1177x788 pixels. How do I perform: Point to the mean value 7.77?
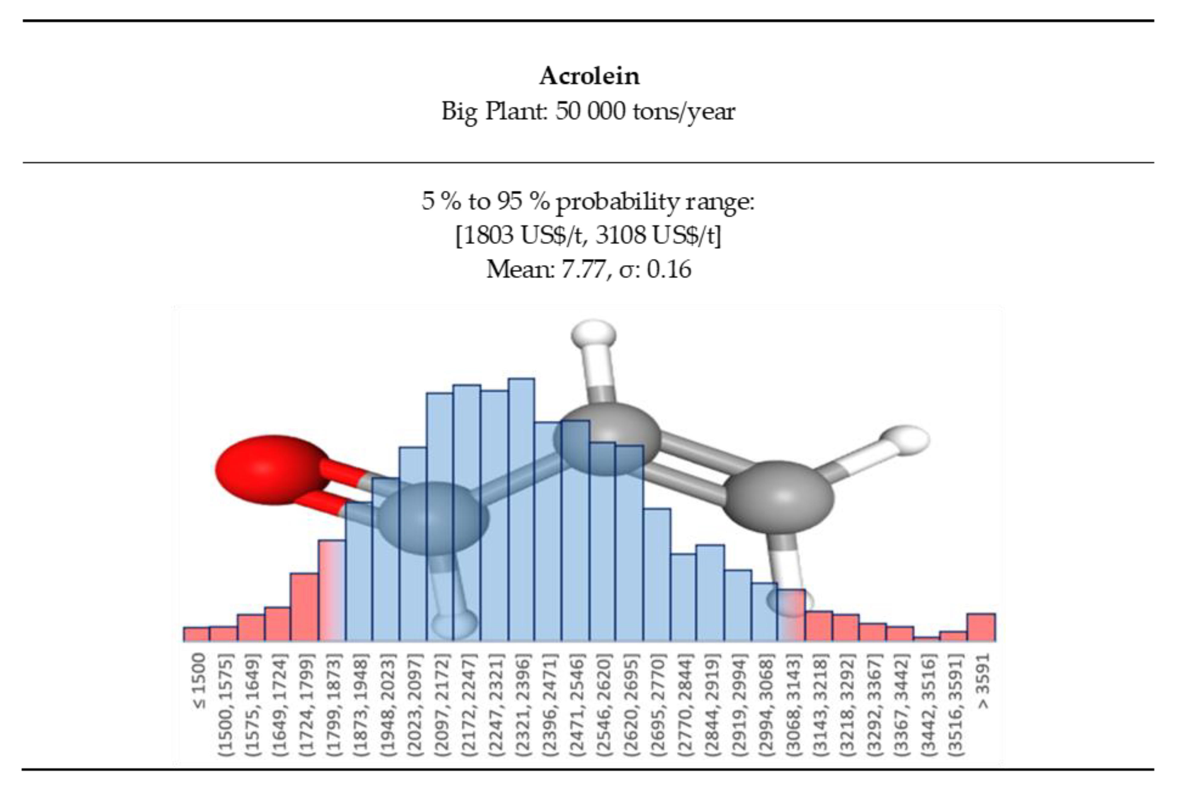(x=582, y=269)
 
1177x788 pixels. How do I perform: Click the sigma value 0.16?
(x=668, y=269)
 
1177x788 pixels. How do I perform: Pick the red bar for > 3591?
(x=981, y=628)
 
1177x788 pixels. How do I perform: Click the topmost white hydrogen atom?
(x=593, y=334)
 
